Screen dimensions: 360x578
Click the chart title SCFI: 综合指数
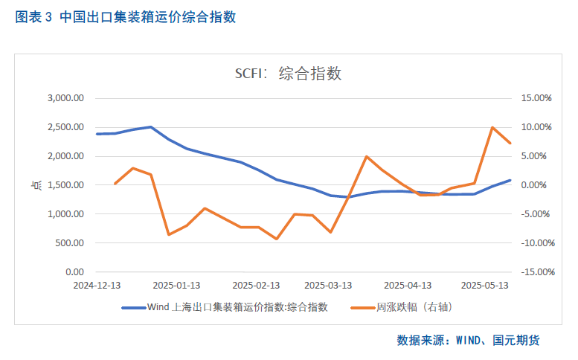click(288, 74)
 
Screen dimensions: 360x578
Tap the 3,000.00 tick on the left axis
click(67, 98)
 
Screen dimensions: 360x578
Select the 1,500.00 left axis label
click(67, 185)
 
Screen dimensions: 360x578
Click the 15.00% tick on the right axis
click(535, 98)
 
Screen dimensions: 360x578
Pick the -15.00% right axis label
click(533, 272)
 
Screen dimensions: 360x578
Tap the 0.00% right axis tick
click(537, 185)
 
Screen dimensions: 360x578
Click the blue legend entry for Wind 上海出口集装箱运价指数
click(224, 306)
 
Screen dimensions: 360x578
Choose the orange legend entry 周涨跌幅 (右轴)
click(402, 306)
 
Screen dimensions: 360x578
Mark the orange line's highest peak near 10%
click(492, 127)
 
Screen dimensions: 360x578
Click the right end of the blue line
click(510, 180)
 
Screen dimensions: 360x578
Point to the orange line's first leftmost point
click(115, 184)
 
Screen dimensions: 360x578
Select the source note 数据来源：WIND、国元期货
click(467, 341)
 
